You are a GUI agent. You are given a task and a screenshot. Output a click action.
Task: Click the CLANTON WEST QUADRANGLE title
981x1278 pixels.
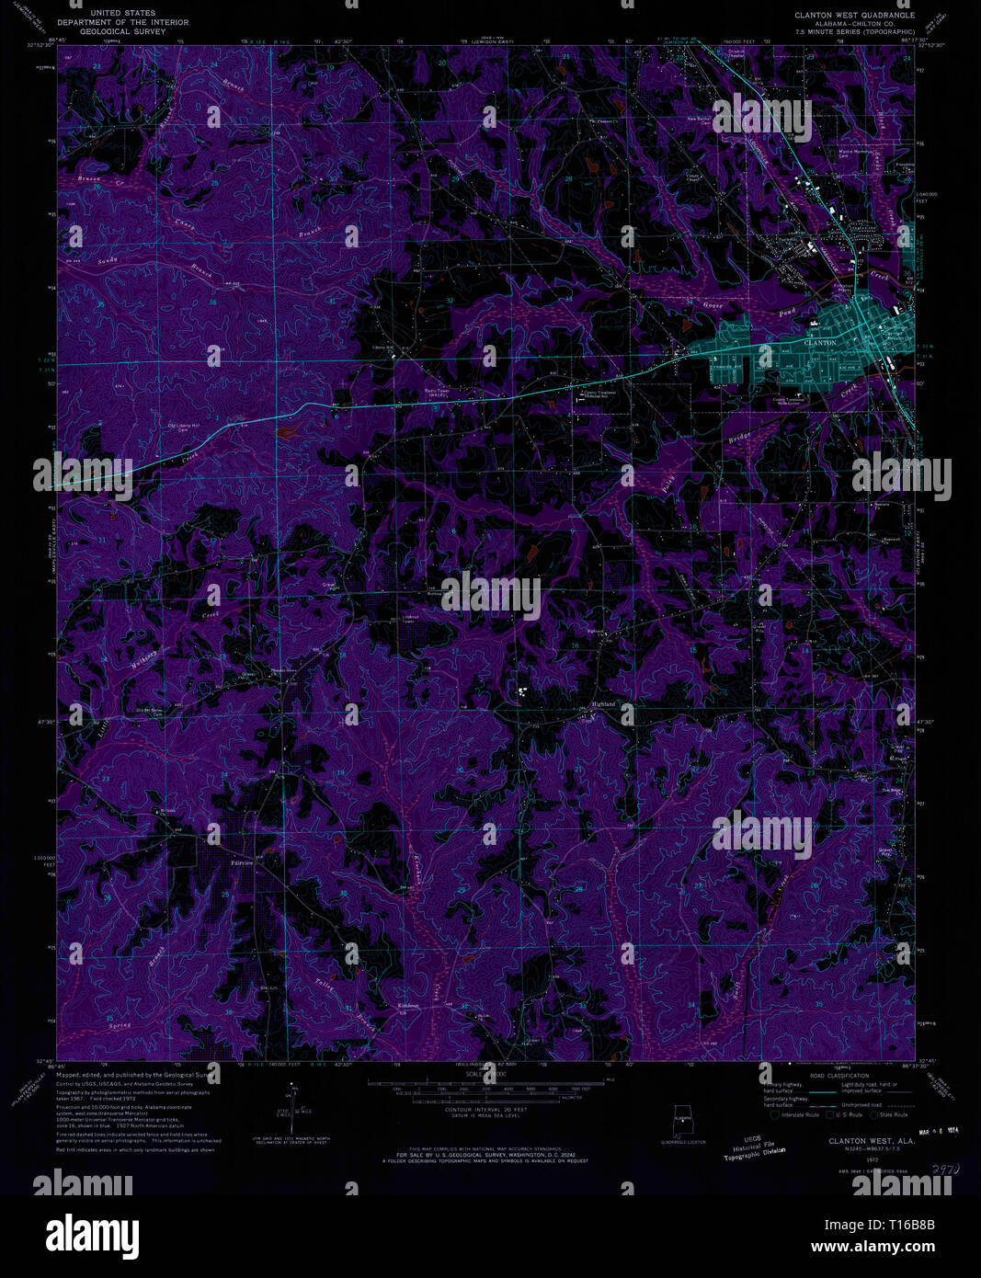pos(855,16)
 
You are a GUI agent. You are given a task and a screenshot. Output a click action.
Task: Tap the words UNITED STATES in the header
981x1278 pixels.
pos(118,14)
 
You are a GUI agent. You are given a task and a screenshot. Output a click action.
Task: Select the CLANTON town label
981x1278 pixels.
pos(820,342)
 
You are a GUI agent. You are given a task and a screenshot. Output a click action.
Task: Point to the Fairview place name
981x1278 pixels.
pos(242,863)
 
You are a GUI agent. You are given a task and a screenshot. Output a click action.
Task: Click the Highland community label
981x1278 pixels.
pos(603,704)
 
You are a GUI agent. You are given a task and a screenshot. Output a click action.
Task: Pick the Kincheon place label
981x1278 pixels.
pos(408,1005)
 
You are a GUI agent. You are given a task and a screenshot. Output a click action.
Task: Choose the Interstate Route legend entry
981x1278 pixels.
pos(797,1114)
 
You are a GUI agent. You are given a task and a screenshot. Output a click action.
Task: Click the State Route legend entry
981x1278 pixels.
pos(889,1114)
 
